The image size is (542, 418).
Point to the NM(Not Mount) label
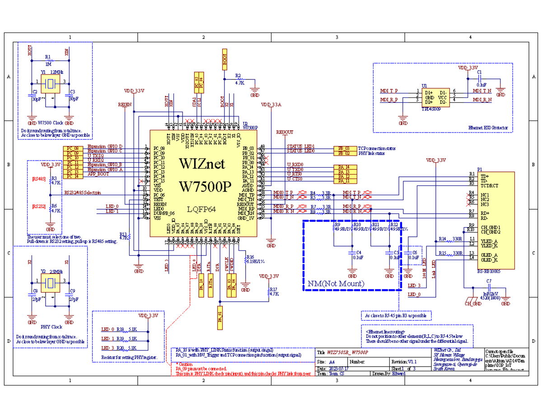pyautogui.click(x=336, y=284)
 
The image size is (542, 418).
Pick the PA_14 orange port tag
pyautogui.click(x=344, y=167)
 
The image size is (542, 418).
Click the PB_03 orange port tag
pyautogui.click(x=344, y=148)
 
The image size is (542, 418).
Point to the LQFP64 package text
pyautogui.click(x=202, y=209)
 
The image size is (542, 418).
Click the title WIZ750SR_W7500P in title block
pyautogui.click(x=347, y=352)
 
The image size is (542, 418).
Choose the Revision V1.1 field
pyautogui.click(x=406, y=362)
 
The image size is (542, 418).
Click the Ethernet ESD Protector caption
pyautogui.click(x=488, y=128)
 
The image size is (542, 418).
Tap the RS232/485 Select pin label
pyautogui.click(x=82, y=193)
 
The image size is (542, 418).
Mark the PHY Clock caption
pyautogui.click(x=51, y=326)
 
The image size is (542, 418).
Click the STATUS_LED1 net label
pyautogui.click(x=300, y=147)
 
